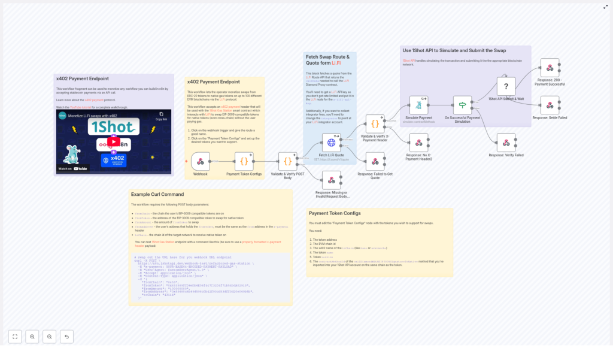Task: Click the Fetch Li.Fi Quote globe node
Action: [x=331, y=143]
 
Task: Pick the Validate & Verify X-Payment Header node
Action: [x=375, y=124]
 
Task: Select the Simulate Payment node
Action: [x=418, y=105]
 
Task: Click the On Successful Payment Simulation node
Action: [x=462, y=105]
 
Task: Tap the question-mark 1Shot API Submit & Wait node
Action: [x=506, y=87]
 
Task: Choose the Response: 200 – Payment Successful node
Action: [x=550, y=68]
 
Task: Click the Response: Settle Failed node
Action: [x=550, y=105]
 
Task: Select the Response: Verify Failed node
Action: [x=506, y=143]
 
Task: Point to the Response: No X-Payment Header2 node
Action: [x=418, y=143]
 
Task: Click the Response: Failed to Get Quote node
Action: [x=375, y=162]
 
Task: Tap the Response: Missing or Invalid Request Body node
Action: [x=331, y=180]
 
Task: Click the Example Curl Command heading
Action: [x=157, y=195]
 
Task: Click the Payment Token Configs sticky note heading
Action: [x=335, y=213]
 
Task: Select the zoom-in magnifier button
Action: [x=32, y=337]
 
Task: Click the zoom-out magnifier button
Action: [x=50, y=337]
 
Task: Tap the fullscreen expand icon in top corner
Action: [x=606, y=7]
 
